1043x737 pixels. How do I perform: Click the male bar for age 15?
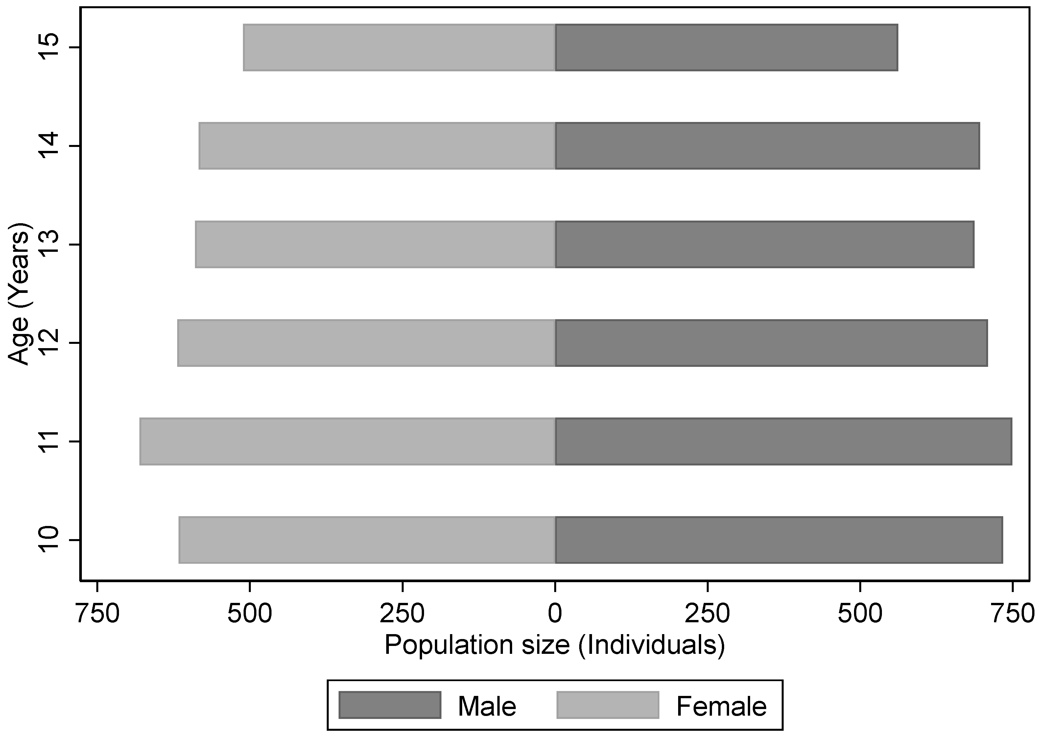[726, 48]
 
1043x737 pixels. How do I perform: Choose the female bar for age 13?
[375, 245]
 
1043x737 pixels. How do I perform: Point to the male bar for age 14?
[767, 146]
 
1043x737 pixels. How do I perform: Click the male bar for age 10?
[779, 540]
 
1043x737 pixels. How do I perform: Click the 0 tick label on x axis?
[555, 614]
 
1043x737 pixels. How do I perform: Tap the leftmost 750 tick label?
[97, 614]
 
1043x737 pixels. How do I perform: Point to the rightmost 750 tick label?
[1012, 614]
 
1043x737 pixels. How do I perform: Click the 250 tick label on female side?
[402, 614]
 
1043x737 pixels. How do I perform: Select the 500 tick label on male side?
[860, 614]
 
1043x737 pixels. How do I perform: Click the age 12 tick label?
[49, 343]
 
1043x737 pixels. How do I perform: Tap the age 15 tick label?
[49, 47]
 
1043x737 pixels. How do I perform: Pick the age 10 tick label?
[49, 540]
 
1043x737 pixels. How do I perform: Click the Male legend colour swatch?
[390, 705]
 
